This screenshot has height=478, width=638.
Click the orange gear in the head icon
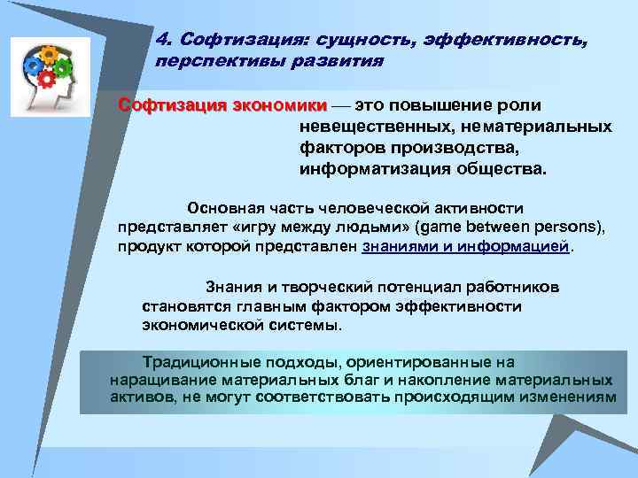[x=50, y=56]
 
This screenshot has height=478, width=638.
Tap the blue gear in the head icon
[x=34, y=66]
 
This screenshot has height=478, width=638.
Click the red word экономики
[x=278, y=105]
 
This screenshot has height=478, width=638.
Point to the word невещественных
[x=371, y=127]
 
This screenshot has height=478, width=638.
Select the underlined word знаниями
[x=401, y=247]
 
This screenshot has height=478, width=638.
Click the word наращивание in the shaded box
[x=158, y=380]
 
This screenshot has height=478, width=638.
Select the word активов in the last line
[x=141, y=397]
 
